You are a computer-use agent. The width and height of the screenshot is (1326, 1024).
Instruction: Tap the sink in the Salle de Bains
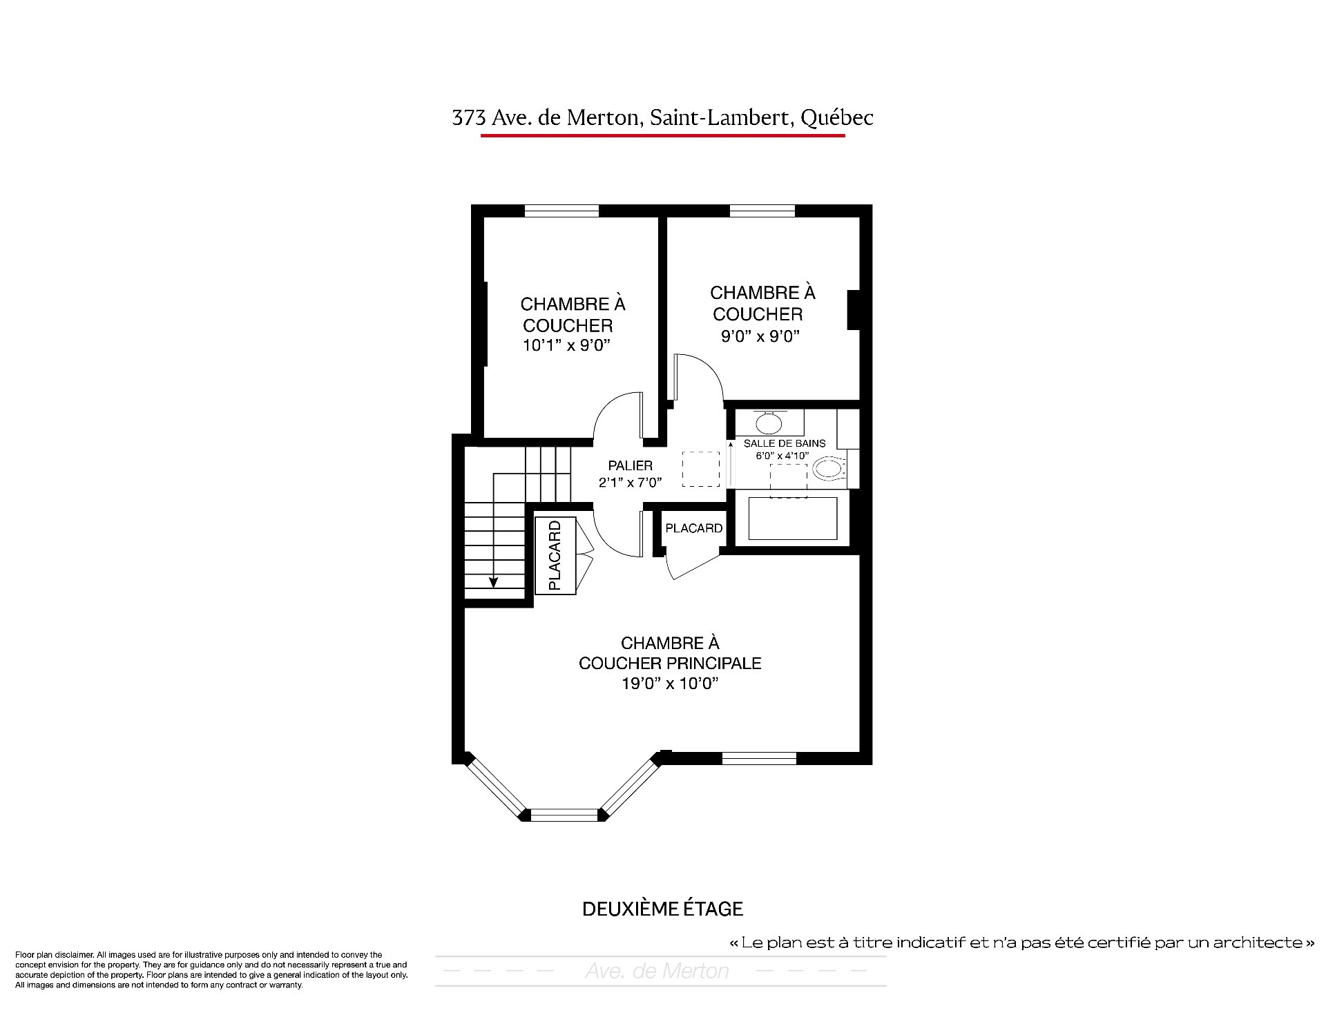tap(768, 421)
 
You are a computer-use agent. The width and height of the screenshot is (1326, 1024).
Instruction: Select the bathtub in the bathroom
tap(792, 519)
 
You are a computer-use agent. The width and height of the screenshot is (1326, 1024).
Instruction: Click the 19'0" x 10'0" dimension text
tap(670, 684)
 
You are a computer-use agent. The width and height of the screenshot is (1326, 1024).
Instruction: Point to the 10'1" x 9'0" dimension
tap(568, 345)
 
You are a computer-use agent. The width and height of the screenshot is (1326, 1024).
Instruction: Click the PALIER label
tap(630, 466)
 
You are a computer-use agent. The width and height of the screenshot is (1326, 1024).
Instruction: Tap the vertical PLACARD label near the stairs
tap(555, 555)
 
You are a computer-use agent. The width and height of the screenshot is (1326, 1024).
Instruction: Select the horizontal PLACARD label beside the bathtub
tap(693, 528)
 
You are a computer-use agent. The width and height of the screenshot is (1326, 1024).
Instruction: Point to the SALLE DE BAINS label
tap(785, 443)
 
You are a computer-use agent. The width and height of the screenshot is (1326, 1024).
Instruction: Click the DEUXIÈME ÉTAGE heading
tap(662, 909)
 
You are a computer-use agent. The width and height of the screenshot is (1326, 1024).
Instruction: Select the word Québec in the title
tap(836, 118)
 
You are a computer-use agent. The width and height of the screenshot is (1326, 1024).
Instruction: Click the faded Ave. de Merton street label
tap(657, 972)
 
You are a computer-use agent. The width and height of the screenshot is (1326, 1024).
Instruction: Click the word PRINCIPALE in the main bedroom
tap(715, 664)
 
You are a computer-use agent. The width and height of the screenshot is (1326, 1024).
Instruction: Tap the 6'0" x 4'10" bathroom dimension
tap(782, 456)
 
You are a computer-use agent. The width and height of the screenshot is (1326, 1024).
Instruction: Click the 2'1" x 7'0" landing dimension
tap(631, 483)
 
